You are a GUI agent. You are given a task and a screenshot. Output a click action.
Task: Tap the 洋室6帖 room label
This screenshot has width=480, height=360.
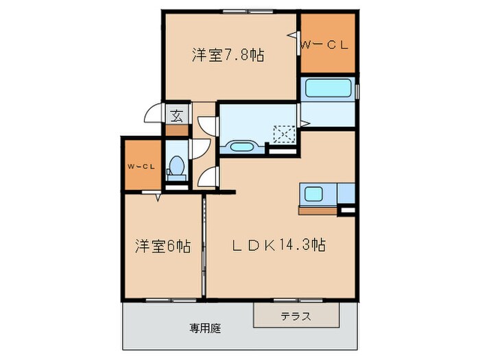(163, 245)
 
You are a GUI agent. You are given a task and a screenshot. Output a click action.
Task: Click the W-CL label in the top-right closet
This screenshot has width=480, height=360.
(326, 46)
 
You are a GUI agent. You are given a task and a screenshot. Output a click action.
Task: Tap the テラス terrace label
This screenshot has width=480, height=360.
(296, 316)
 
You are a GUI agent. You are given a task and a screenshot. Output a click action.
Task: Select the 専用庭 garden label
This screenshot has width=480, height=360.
(206, 328)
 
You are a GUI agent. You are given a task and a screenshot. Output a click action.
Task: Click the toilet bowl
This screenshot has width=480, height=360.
(176, 166)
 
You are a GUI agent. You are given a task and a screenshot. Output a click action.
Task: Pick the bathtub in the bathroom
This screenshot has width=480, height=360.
(327, 88)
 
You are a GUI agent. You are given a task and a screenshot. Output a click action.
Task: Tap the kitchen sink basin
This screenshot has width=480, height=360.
(317, 194)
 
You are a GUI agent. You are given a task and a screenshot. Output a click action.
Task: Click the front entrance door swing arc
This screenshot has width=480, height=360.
(152, 117)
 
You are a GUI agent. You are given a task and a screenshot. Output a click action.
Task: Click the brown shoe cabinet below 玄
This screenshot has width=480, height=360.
(176, 130)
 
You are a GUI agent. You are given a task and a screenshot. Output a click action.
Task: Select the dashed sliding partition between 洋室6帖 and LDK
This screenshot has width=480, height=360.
(204, 247)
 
